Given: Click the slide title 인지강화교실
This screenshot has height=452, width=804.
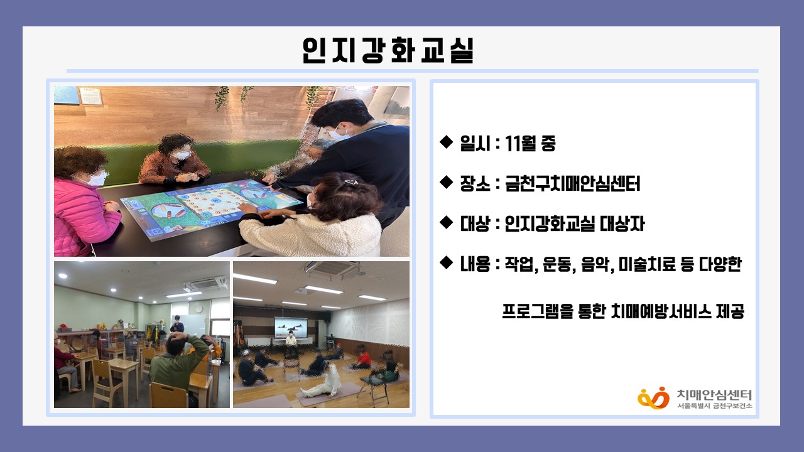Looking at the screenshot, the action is pyautogui.click(x=388, y=50).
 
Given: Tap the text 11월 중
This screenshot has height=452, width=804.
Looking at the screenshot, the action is pyautogui.click(x=530, y=143).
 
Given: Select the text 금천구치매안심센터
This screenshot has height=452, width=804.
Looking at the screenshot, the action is pyautogui.click(x=572, y=183).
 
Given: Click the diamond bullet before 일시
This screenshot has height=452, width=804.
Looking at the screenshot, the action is pyautogui.click(x=447, y=142).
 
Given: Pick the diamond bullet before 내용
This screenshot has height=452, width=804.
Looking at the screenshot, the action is pyautogui.click(x=447, y=262).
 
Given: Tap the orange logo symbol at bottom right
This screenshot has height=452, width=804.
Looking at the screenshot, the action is pyautogui.click(x=654, y=398).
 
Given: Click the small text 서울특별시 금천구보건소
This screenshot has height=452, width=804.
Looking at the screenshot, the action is pyautogui.click(x=714, y=406).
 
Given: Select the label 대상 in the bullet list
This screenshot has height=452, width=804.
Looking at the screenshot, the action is pyautogui.click(x=475, y=224).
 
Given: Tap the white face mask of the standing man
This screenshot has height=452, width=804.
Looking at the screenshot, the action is pyautogui.click(x=339, y=132).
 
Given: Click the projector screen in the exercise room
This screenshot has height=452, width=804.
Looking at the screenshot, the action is pyautogui.click(x=291, y=328).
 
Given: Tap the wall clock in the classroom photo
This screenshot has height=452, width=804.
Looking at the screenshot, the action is pyautogui.click(x=199, y=308).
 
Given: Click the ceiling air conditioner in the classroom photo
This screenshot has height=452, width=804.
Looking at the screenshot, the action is pyautogui.click(x=205, y=284).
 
